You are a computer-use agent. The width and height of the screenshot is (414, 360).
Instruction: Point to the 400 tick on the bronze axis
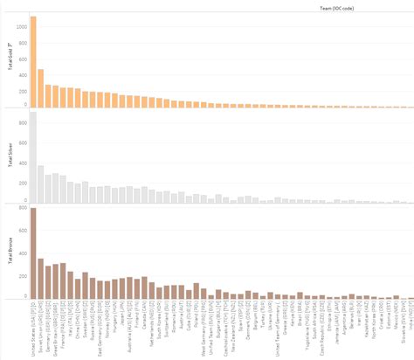pyautogui.click(x=22, y=253)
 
